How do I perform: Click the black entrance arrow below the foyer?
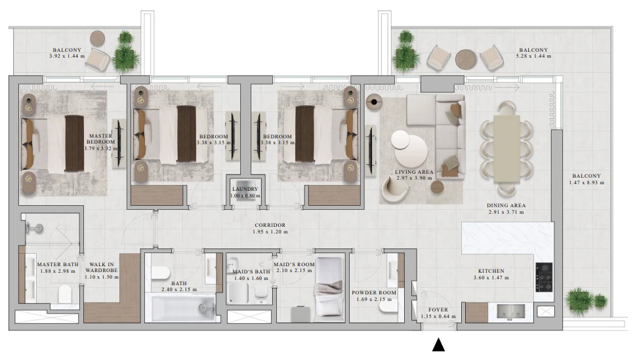point(438,344)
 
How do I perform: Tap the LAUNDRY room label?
point(245,189)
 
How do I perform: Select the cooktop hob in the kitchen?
point(544,277)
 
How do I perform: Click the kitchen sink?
point(510,311)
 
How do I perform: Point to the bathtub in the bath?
point(183,308)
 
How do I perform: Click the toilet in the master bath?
point(65,294)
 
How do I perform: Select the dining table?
point(506,149)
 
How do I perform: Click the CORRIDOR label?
point(270,225)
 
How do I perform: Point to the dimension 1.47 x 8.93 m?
point(586,183)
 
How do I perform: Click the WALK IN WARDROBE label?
point(102,268)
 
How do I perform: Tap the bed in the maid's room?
point(329,287)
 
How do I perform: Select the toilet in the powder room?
point(388,307)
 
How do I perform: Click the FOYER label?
point(438,310)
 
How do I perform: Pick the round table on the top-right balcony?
point(466,59)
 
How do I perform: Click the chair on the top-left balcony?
point(98,59)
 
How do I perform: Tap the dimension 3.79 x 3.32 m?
point(101,149)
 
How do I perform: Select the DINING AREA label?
point(506,205)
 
